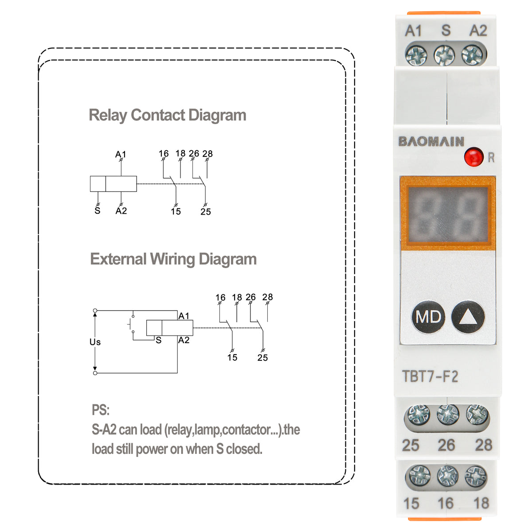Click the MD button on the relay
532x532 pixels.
[x=428, y=317]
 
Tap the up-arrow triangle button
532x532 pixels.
[x=468, y=317]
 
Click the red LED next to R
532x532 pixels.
[x=473, y=156]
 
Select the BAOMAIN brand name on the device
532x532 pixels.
[x=431, y=141]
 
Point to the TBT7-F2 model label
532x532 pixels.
[x=430, y=376]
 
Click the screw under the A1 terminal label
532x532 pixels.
[x=416, y=55]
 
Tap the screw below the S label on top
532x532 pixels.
[x=444, y=55]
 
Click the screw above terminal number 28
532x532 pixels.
[x=477, y=415]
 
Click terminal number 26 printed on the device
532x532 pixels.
[x=446, y=445]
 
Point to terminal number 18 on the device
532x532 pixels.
[x=481, y=503]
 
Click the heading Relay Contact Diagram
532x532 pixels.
[x=167, y=115]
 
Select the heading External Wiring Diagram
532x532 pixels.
[x=173, y=259]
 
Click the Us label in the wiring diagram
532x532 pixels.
[x=95, y=342]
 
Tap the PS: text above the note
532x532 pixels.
[x=100, y=410]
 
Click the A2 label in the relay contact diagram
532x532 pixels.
[x=121, y=211]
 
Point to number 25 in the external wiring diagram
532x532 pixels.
[x=262, y=357]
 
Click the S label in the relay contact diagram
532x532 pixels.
[x=98, y=211]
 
